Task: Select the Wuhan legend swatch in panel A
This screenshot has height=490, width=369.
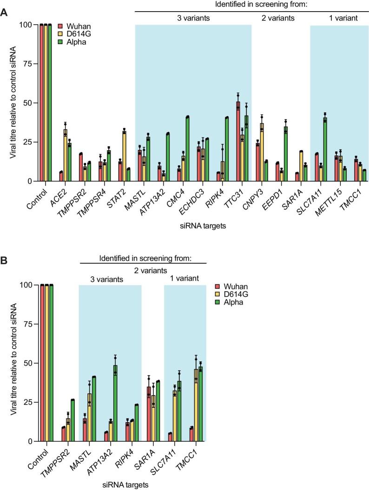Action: pyautogui.click(x=60, y=25)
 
